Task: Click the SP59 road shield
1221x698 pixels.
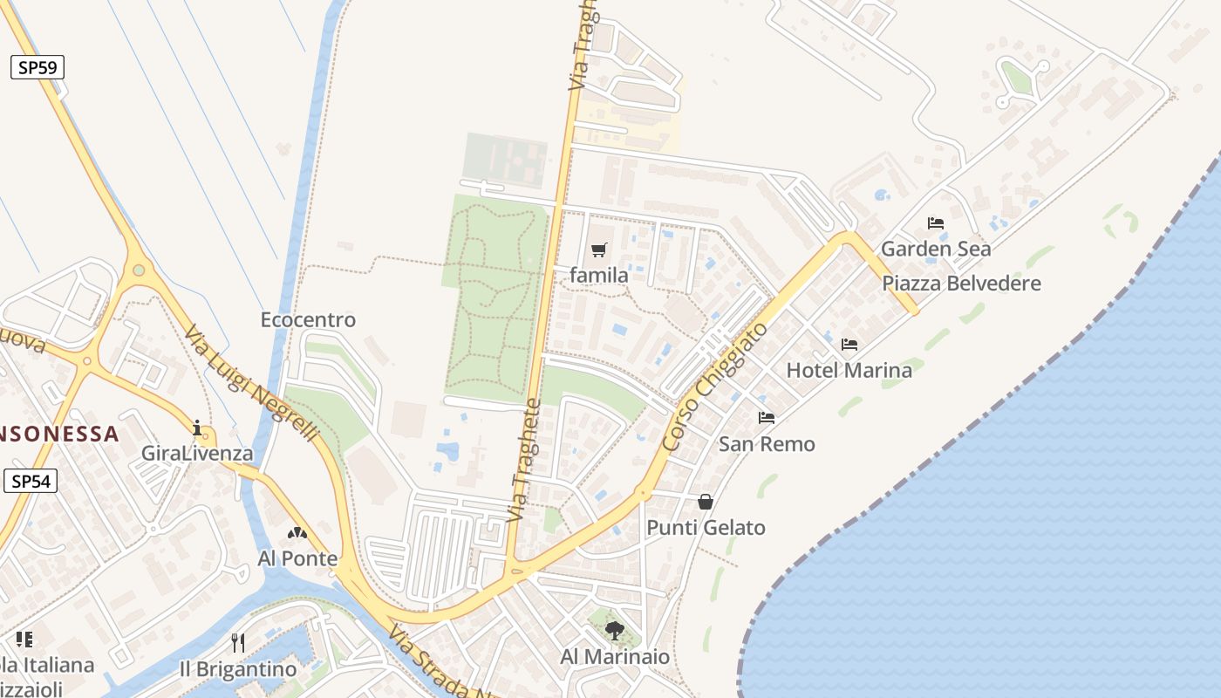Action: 38,67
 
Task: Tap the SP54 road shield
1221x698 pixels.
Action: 31,481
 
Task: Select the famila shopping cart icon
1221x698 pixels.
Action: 598,250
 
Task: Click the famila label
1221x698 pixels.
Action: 599,276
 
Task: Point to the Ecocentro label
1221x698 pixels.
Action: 308,320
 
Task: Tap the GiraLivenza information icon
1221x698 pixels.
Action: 198,428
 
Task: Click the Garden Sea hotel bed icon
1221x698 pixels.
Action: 936,223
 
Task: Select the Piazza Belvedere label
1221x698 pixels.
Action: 961,284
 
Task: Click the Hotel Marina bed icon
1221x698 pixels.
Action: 849,345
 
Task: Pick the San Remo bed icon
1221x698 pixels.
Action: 767,418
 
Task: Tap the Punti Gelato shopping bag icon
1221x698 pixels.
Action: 706,502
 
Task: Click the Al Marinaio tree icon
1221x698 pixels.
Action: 615,630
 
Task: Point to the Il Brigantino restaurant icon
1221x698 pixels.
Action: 238,643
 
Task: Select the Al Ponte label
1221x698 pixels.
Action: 297,558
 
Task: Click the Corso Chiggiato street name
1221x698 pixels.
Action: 715,387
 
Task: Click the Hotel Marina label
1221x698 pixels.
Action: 849,371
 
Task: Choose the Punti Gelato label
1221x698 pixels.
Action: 706,528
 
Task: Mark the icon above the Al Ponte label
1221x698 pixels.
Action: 297,532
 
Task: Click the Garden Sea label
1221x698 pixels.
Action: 936,250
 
